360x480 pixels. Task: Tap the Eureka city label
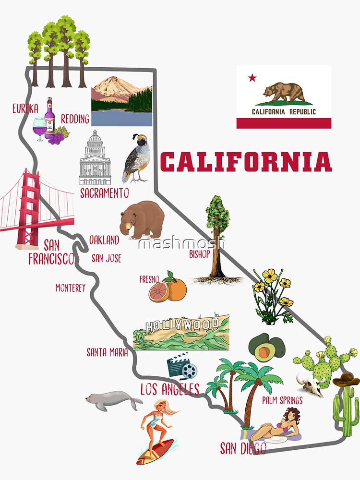[x=25, y=108]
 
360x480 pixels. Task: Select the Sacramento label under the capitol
[x=104, y=193]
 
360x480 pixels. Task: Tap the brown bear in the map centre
[x=142, y=219]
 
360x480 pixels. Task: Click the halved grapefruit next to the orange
[x=159, y=291]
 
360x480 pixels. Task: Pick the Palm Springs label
[x=282, y=400]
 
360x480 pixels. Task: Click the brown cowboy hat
[x=346, y=380]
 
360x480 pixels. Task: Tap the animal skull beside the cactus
[x=311, y=384]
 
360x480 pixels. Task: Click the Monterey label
[x=70, y=288]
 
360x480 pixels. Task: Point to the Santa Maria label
[x=107, y=352]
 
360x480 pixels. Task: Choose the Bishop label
[x=199, y=254]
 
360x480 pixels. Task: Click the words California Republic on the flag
[x=284, y=112]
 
